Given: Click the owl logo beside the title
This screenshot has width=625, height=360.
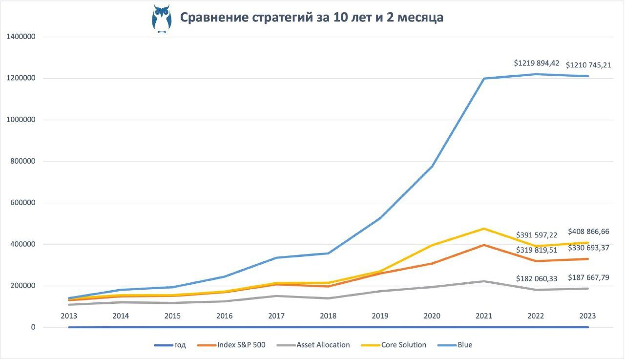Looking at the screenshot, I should coord(161,19).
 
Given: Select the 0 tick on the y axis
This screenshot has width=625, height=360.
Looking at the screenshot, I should coord(33,327).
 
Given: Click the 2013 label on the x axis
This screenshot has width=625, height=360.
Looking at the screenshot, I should coord(69,316).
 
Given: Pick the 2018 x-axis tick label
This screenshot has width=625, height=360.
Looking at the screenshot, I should coord(328,316).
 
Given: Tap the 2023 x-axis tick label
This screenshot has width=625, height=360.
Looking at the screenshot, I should coord(587,316).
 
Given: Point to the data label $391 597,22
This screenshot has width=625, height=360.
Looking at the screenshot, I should coord(537,235).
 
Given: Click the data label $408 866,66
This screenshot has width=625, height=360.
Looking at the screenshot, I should coord(588,232).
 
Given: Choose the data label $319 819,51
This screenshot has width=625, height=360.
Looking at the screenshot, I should coord(537,250).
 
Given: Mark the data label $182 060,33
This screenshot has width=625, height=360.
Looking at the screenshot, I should coord(537,278).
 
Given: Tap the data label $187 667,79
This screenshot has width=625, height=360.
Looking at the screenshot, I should coord(588,277).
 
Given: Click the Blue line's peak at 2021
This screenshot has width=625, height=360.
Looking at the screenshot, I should coord(484,78).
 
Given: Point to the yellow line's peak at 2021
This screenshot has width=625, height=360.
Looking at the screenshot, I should coord(484,229).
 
